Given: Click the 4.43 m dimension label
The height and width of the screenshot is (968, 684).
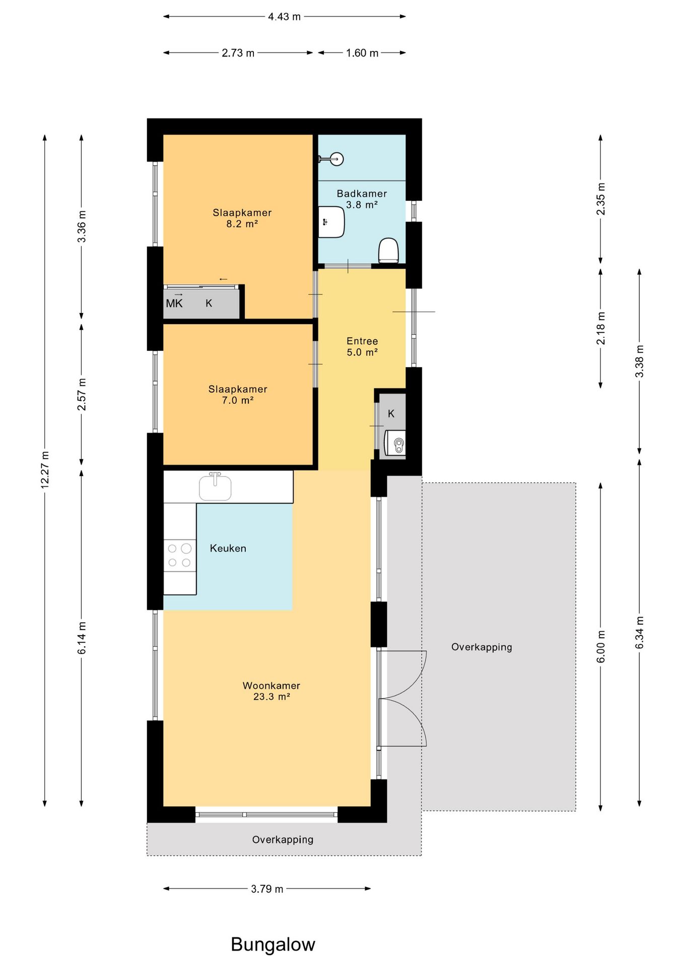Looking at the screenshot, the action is [x=284, y=17].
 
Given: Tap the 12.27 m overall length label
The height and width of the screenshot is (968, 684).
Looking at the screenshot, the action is [x=45, y=469].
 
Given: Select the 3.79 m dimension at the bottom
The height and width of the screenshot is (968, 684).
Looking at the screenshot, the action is [x=267, y=889].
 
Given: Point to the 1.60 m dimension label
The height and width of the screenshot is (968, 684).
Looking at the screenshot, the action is [x=362, y=53].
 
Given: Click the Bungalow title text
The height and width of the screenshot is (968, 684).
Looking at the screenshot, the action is [x=273, y=944].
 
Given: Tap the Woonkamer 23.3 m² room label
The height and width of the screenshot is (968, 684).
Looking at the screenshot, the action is [x=271, y=691].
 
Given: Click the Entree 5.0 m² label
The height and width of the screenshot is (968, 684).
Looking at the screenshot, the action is [x=362, y=347].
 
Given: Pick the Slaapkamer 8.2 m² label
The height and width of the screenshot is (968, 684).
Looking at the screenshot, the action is [x=242, y=218].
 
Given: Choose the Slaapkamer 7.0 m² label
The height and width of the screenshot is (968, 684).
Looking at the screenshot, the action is [x=238, y=395].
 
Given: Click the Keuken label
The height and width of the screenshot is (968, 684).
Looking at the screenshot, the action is [x=228, y=549].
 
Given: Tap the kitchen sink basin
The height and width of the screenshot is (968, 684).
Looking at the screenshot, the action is [x=215, y=487].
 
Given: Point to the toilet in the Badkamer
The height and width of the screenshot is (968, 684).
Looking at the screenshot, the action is [x=388, y=251].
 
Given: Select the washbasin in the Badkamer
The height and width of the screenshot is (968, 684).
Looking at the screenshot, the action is [x=331, y=222].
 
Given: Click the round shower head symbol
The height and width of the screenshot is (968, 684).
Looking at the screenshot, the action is [x=336, y=159].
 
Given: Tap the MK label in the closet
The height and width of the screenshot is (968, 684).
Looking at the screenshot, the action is [x=174, y=304].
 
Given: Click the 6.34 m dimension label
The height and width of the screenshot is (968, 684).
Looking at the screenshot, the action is [x=639, y=632].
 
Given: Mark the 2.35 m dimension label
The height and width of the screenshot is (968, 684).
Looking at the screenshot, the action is [x=600, y=199].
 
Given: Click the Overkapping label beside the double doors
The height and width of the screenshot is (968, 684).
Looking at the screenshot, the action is [x=482, y=647].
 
